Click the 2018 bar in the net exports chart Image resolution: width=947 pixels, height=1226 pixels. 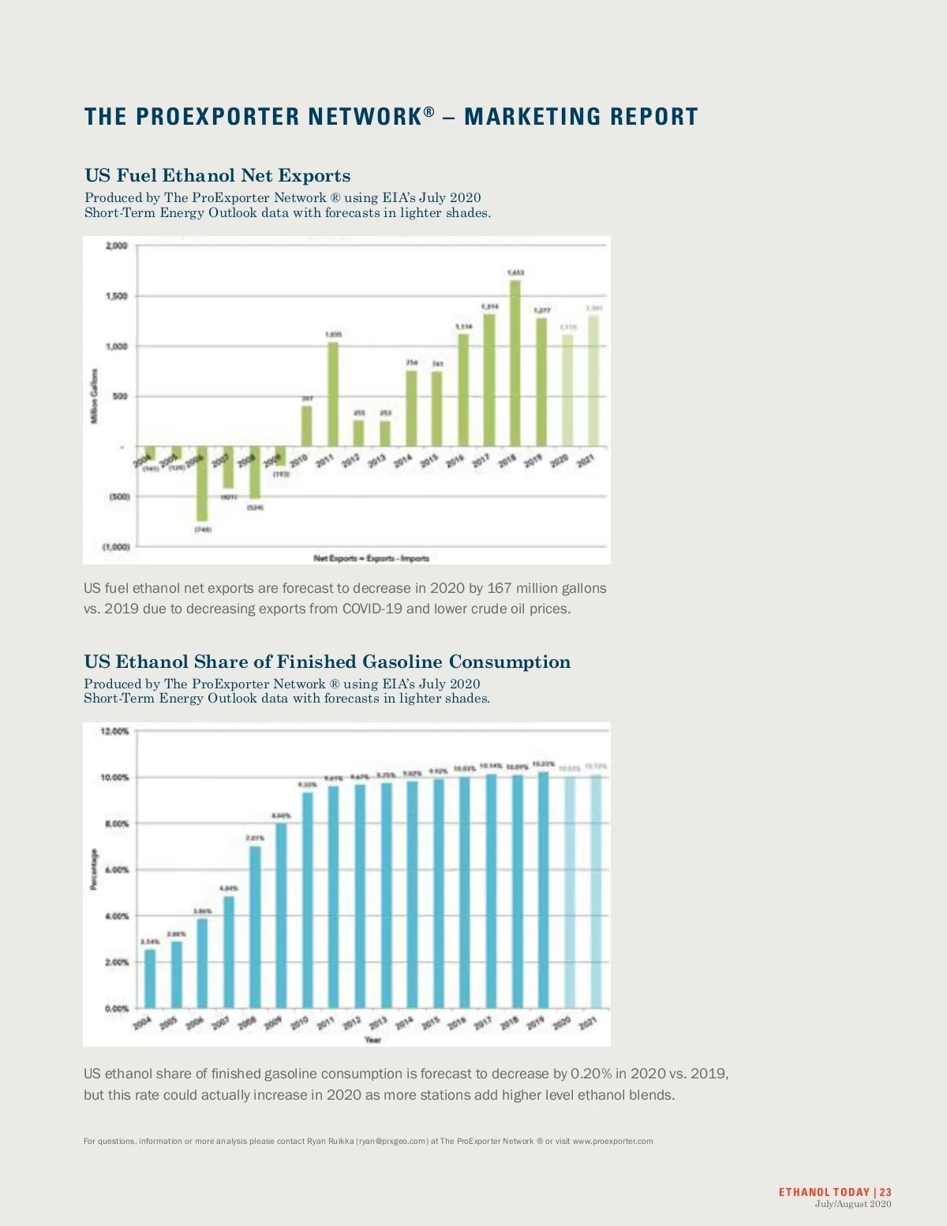515,363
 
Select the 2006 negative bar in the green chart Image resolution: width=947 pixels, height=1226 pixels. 201,483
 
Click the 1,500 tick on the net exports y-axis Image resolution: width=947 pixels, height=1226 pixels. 116,296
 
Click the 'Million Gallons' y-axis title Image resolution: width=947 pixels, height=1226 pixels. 95,396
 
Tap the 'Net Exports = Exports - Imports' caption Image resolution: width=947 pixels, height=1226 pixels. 371,558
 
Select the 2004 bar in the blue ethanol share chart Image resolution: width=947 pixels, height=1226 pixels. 150,978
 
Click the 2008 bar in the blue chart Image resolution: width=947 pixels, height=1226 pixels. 255,927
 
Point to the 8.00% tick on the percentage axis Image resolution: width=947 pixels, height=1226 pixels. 114,823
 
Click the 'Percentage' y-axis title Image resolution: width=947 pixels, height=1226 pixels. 95,869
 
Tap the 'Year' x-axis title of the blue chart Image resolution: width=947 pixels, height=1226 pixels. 372,1040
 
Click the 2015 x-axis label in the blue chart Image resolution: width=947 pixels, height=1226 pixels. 430,1023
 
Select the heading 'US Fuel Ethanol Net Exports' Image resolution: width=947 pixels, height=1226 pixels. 217,175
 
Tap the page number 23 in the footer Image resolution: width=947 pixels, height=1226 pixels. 885,1192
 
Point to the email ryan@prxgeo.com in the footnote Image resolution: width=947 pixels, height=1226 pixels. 392,1141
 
